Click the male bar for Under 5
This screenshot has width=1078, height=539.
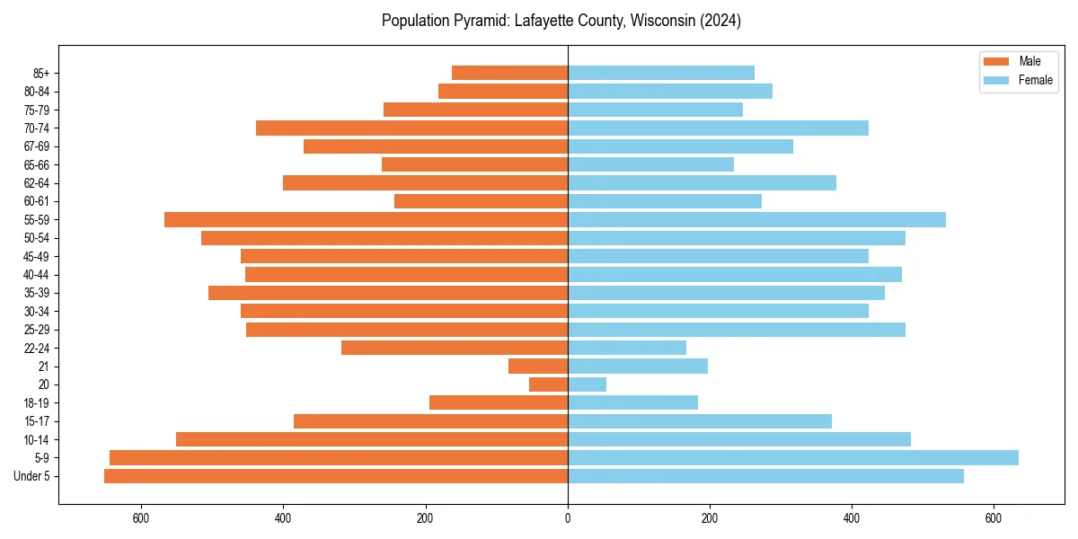coord(336,476)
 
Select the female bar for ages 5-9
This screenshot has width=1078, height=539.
coord(793,458)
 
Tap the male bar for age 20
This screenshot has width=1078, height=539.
coord(548,384)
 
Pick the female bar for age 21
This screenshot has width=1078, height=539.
coord(638,367)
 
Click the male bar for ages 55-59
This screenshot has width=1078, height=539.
coord(366,220)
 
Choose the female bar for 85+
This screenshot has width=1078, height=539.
coord(661,73)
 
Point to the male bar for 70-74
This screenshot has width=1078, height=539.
coord(411,128)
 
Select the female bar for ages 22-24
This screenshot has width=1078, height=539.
coord(627,348)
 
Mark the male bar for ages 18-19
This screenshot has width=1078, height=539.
coord(499,402)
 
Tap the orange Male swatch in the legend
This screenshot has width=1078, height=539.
coord(997,61)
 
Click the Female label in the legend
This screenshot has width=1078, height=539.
coord(1036,80)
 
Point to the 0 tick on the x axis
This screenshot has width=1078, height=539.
coord(568,518)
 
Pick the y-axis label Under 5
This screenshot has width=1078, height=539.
coord(32,476)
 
